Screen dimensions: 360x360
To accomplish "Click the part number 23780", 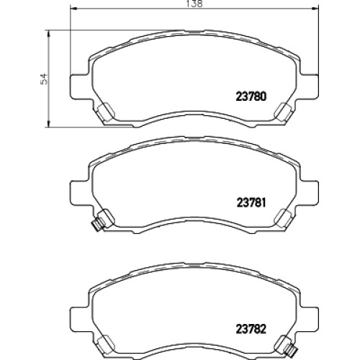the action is [251, 96].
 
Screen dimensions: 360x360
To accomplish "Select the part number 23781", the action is [251, 203].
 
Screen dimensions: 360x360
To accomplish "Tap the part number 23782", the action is [251, 329].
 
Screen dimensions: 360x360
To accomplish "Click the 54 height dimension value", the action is [45, 78].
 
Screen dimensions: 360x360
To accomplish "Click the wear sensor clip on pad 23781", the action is [97, 225].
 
